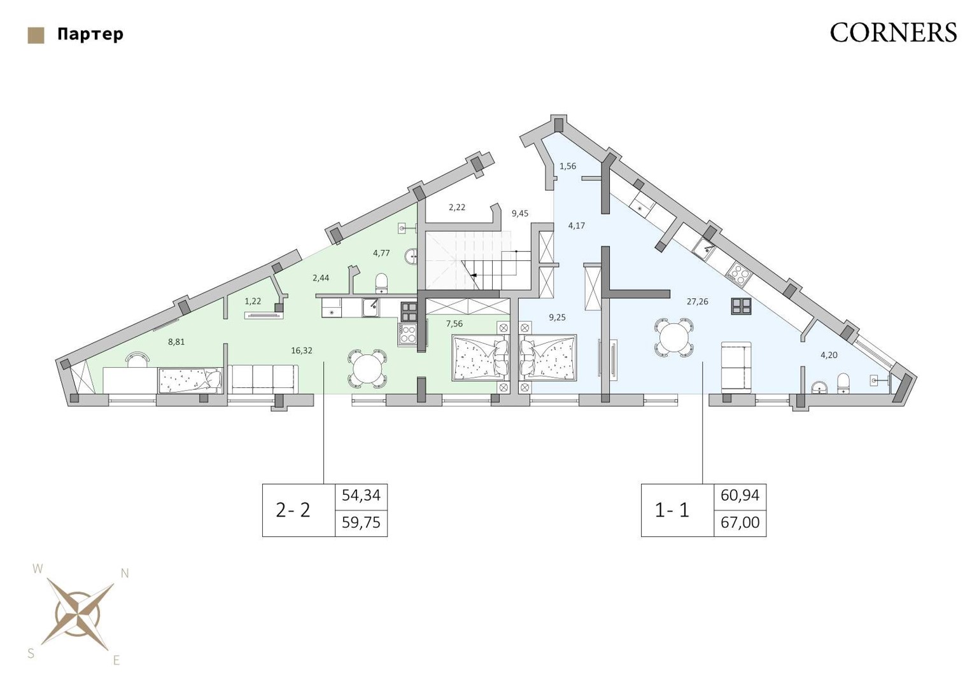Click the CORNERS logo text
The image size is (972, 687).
point(894,32)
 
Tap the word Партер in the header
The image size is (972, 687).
point(90,34)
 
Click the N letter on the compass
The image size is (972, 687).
point(125,573)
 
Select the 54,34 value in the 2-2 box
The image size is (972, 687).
point(361,496)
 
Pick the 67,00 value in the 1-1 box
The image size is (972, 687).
point(740,523)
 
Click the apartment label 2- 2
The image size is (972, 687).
point(293,510)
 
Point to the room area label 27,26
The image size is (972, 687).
point(697,302)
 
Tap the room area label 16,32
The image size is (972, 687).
point(302,350)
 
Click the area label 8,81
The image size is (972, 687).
point(176,342)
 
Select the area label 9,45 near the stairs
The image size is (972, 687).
point(520,213)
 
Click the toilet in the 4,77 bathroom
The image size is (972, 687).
point(381,281)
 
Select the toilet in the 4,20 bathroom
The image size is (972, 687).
point(843,384)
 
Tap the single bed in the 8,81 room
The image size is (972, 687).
point(190,380)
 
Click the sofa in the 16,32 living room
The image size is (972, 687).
point(263,379)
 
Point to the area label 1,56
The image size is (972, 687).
point(568,166)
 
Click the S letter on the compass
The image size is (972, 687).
point(31,654)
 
